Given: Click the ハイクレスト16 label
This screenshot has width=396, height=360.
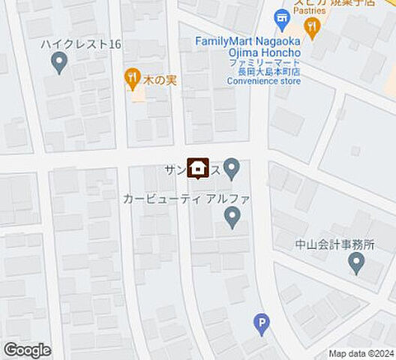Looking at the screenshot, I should coord(82,45).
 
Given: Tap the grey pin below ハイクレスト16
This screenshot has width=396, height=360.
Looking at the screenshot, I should coord(60,64).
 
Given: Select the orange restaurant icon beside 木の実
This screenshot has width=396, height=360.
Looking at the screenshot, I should coord(133,76).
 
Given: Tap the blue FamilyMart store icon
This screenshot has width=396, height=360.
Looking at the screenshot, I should coord(282,18).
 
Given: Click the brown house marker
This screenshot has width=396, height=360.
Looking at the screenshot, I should coord(198,169).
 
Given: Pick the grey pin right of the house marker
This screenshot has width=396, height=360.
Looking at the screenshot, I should coord(232,169).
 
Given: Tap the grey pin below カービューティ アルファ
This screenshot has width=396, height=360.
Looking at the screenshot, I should coord(232,218).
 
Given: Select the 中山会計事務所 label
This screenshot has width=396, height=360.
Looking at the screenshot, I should coord(334,244).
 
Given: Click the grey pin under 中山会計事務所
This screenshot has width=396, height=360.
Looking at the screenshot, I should coord(357,263).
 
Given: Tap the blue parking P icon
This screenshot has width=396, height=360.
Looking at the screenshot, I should coord(261,325).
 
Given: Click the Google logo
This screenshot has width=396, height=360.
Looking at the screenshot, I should coord(27,350).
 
